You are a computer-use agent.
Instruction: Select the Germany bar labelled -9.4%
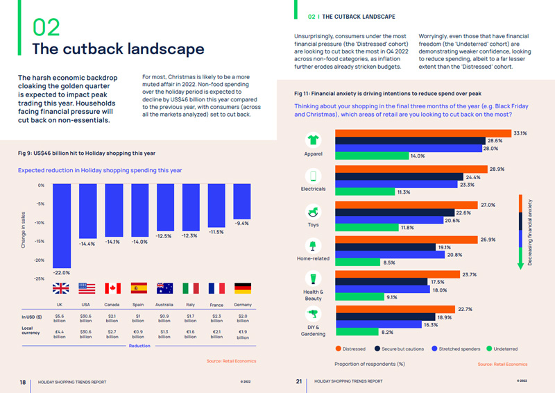(x=241, y=201)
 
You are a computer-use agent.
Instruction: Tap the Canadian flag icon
(x=112, y=287)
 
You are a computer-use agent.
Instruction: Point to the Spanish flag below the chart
(x=139, y=287)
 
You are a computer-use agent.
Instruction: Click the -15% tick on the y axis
(x=40, y=242)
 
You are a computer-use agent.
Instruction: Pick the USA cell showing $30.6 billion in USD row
(x=86, y=319)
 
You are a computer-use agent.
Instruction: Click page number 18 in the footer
(x=22, y=381)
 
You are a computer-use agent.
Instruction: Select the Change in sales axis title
(x=24, y=231)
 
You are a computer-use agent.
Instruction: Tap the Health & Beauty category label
(x=313, y=295)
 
